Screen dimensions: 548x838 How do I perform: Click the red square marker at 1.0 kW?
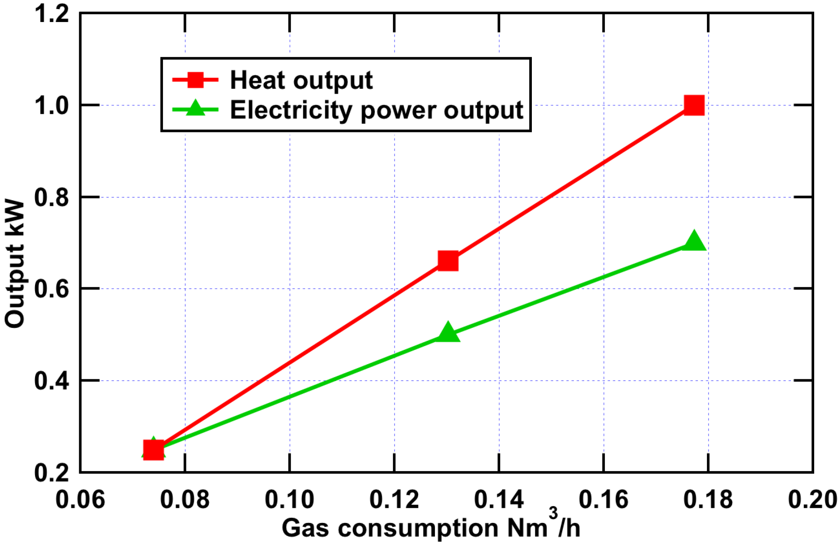(x=694, y=105)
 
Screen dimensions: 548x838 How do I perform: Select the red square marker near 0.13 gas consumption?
(x=448, y=260)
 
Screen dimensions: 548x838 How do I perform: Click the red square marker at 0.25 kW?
(x=153, y=450)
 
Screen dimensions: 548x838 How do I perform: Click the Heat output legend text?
(x=301, y=80)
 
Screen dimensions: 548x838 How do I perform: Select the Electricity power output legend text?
(x=376, y=110)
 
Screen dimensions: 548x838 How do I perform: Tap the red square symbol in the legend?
(x=195, y=80)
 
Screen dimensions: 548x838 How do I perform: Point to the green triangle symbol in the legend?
(x=195, y=108)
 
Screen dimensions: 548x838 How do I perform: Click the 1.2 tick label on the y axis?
(x=52, y=14)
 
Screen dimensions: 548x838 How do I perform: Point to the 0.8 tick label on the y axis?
(x=52, y=197)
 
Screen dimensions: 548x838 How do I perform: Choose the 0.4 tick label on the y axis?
(x=52, y=381)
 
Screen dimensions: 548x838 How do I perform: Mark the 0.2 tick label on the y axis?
(x=52, y=472)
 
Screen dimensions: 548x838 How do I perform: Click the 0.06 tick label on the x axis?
(x=80, y=500)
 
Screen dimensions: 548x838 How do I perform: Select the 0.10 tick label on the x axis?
(x=289, y=500)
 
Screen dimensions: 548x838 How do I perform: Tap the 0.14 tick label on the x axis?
(x=499, y=500)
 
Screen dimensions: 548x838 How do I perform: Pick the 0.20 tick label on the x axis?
(x=812, y=500)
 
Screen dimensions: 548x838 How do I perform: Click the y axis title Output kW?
(x=15, y=264)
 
